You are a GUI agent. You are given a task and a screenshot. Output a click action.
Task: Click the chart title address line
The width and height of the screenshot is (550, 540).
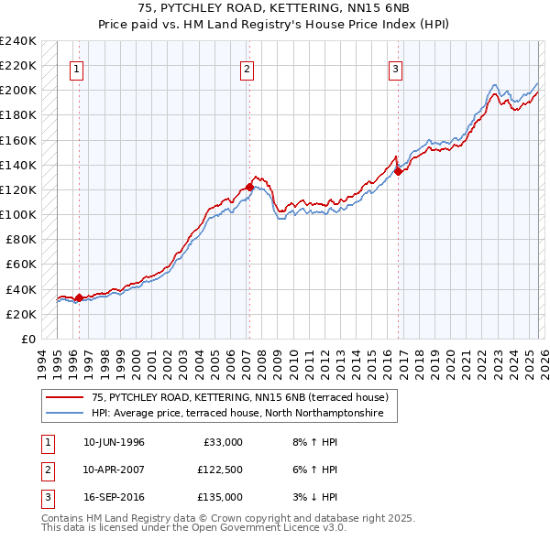[x=275, y=8]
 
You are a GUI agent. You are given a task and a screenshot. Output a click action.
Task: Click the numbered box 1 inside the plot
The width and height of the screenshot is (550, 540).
[x=79, y=68]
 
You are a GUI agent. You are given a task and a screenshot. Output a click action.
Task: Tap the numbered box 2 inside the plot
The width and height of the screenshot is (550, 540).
[x=247, y=68]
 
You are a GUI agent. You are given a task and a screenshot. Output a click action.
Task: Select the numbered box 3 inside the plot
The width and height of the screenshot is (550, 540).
[x=396, y=68]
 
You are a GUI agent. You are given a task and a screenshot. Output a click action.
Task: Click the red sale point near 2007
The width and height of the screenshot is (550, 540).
[x=249, y=187]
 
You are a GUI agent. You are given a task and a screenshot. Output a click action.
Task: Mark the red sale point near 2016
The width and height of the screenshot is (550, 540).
[x=398, y=171]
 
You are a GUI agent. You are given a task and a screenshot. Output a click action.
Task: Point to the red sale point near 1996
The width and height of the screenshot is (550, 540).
[x=79, y=297]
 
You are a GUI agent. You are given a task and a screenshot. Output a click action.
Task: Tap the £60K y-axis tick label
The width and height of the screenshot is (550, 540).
[x=21, y=265]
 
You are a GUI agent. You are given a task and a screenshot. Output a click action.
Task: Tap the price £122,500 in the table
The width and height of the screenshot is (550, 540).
[x=220, y=470]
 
